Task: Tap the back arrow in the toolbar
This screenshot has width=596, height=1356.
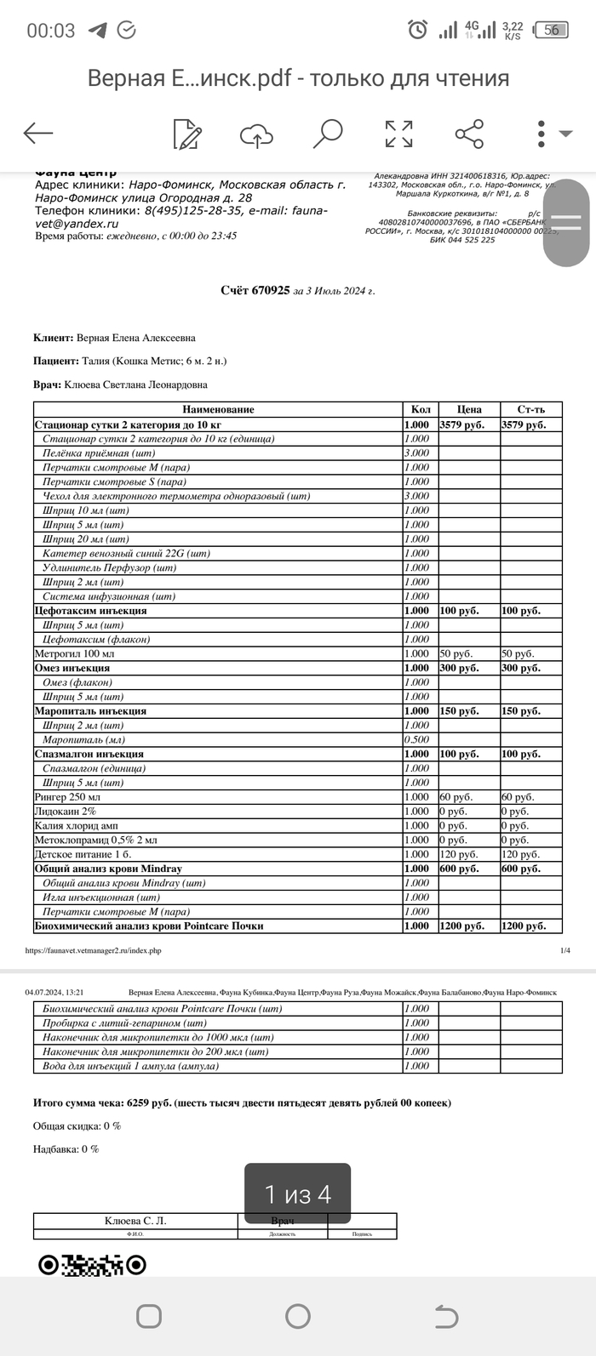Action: pyautogui.click(x=38, y=133)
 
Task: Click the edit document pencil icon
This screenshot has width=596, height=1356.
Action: pyautogui.click(x=186, y=134)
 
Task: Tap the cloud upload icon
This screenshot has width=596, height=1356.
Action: pyautogui.click(x=256, y=134)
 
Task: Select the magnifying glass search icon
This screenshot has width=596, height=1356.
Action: pyautogui.click(x=327, y=134)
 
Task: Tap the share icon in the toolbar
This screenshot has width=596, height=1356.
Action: pyautogui.click(x=469, y=134)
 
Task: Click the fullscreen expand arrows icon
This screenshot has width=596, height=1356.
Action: pyautogui.click(x=398, y=134)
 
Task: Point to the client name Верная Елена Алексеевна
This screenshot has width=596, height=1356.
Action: pyautogui.click(x=136, y=338)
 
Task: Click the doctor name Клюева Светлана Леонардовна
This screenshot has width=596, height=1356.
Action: pyautogui.click(x=136, y=385)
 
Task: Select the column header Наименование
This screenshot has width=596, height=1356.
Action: pyautogui.click(x=218, y=409)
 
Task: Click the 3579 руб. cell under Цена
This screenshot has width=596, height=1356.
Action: pyautogui.click(x=461, y=424)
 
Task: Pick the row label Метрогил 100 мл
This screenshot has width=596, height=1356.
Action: pyautogui.click(x=74, y=653)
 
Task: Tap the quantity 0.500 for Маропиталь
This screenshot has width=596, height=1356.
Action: pyautogui.click(x=417, y=739)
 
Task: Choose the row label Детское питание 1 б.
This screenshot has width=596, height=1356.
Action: pyautogui.click(x=83, y=854)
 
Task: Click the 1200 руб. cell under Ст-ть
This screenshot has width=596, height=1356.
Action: pyautogui.click(x=523, y=926)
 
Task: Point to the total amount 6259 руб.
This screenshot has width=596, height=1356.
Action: pyautogui.click(x=149, y=1102)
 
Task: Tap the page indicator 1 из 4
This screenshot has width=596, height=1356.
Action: pyautogui.click(x=297, y=1194)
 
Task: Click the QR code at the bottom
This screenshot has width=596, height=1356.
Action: pyautogui.click(x=92, y=1265)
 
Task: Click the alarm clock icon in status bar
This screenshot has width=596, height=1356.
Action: pyautogui.click(x=417, y=31)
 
